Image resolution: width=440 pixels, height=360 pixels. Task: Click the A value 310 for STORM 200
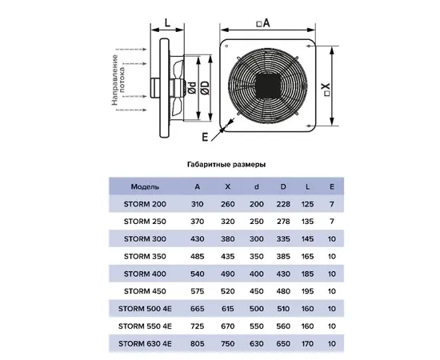click(198, 204)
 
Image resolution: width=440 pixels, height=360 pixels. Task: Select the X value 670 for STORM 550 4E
click(227, 326)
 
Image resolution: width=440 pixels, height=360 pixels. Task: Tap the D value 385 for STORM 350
click(283, 256)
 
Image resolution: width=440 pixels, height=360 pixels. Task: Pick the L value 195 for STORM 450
click(307, 291)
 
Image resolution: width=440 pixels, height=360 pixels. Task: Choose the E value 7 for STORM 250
click(332, 222)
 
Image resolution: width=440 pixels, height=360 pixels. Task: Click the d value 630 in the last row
click(257, 343)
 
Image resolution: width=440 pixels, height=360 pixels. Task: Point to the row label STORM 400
click(145, 274)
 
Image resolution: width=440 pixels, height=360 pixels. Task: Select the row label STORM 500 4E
click(145, 309)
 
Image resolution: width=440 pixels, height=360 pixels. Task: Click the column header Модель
click(145, 186)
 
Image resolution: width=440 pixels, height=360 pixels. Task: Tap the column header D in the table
click(283, 186)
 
